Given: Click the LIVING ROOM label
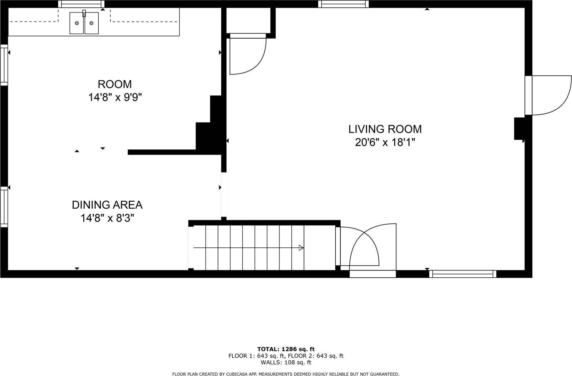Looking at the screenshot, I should pyautogui.click(x=385, y=129).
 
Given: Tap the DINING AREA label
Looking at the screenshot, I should pyautogui.click(x=107, y=205).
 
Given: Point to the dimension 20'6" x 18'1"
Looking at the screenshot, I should pyautogui.click(x=385, y=142).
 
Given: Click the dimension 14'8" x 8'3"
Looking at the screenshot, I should pyautogui.click(x=107, y=218).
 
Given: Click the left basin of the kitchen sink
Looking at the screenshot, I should pyautogui.click(x=77, y=23).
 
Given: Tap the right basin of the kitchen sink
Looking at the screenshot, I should pyautogui.click(x=92, y=23).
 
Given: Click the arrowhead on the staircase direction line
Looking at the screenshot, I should pyautogui.click(x=301, y=247).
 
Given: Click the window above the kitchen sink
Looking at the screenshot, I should pyautogui.click(x=82, y=4).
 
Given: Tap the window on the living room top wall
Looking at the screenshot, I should pyautogui.click(x=343, y=4).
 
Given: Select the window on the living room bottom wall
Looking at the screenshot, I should pyautogui.click(x=463, y=274).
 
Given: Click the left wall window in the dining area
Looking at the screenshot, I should pyautogui.click(x=4, y=207).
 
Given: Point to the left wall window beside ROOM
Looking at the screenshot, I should pyautogui.click(x=4, y=65).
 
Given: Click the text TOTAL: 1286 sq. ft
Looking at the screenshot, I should pyautogui.click(x=286, y=349).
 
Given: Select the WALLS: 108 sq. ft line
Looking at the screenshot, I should pyautogui.click(x=286, y=362).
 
